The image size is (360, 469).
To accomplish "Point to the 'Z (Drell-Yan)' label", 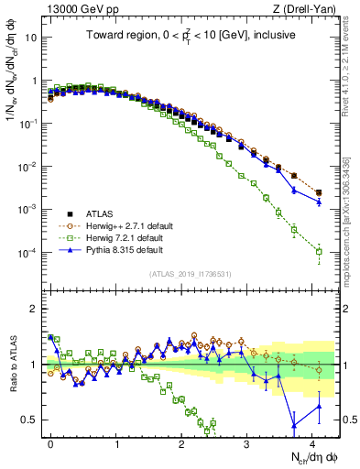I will coord(306,10).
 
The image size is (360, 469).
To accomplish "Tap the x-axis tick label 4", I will coord(312,441).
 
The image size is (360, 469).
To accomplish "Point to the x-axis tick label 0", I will coord(50,441).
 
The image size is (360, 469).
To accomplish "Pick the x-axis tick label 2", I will coord(181,441).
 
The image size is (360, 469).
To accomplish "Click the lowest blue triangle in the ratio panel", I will coord(293,425).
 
